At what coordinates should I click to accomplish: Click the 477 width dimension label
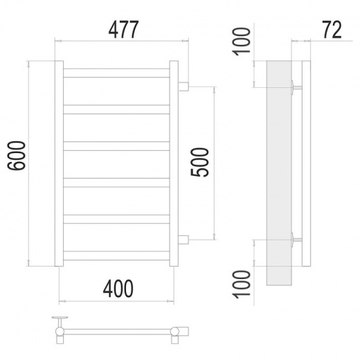coord(123,30)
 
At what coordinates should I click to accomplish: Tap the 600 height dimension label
coord(17,156)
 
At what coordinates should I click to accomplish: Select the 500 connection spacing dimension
coord(199,162)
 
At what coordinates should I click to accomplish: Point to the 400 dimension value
coord(118,289)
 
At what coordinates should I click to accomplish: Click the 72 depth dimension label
coord(332,30)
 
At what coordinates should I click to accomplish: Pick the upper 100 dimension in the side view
coord(242,42)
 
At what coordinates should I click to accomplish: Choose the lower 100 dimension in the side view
coord(242,285)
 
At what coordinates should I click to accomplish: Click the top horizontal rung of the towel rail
coord(116,73)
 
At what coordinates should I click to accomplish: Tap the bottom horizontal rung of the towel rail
coord(116,255)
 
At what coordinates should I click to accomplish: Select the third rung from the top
coord(116,146)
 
